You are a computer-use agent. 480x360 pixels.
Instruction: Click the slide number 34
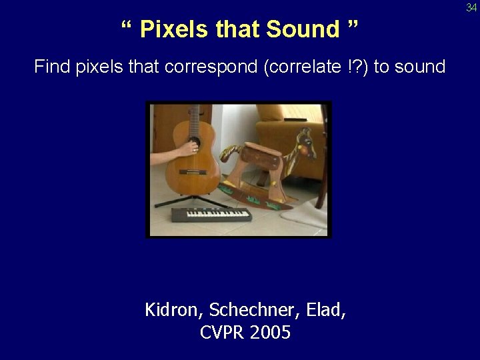coord(471,7)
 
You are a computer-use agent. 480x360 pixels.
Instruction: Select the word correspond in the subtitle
coord(221,67)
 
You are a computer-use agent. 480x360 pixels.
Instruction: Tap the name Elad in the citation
coord(327,310)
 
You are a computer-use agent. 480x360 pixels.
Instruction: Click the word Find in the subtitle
coord(50,67)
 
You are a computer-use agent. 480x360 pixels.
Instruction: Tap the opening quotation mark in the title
coord(127,27)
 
